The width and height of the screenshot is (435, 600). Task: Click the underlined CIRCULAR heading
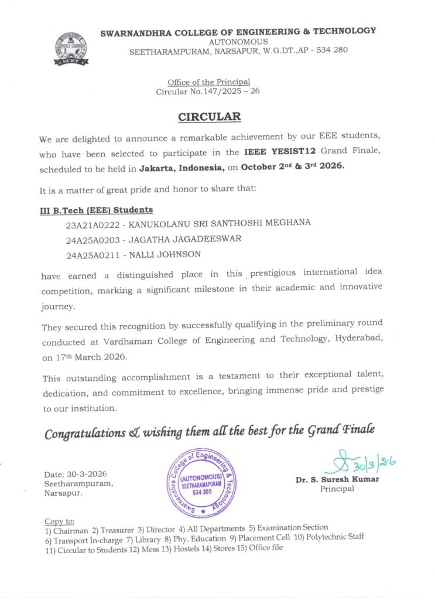pyautogui.click(x=209, y=117)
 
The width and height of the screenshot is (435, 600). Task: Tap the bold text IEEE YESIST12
pyautogui.click(x=276, y=152)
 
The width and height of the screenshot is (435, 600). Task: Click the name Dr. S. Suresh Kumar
pyautogui.click(x=337, y=479)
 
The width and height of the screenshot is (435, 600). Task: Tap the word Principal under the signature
pyautogui.click(x=337, y=489)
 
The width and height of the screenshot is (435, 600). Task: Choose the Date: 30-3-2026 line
pyautogui.click(x=76, y=474)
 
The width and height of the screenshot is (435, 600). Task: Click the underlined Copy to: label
pyautogui.click(x=59, y=521)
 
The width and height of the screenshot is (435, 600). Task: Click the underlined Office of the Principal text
pyautogui.click(x=208, y=82)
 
